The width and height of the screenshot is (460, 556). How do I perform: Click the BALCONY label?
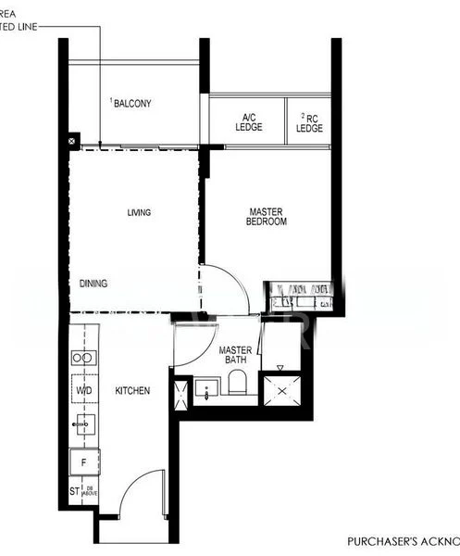(131, 103)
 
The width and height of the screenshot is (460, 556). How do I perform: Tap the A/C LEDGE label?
(249, 122)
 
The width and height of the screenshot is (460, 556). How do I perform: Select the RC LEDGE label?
(310, 122)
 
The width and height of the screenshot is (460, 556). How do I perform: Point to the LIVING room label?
(139, 213)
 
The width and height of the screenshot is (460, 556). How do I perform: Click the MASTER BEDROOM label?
(267, 217)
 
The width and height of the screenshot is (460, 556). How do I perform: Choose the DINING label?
(93, 284)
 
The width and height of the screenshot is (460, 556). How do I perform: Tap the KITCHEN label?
(132, 391)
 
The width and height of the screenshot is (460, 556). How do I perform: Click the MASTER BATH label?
(236, 356)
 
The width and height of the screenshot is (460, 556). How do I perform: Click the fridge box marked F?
(84, 461)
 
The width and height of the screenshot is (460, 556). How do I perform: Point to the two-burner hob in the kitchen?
(84, 358)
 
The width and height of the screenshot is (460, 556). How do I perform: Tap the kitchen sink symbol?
(84, 425)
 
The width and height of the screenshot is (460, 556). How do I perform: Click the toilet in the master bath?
(236, 384)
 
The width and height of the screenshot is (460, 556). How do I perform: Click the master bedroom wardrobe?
(298, 296)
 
